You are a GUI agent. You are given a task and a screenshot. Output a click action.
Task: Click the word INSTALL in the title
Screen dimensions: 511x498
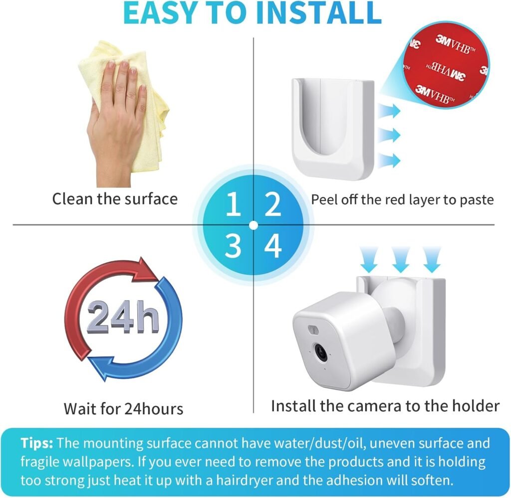[318, 12]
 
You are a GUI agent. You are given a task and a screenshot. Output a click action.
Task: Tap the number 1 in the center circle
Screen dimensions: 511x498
[234, 204]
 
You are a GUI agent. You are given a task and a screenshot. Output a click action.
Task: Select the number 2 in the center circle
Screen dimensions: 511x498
[272, 204]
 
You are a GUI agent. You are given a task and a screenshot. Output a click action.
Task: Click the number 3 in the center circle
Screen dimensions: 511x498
[233, 246]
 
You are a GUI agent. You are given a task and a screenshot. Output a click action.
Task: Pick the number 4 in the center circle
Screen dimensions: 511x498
[273, 246]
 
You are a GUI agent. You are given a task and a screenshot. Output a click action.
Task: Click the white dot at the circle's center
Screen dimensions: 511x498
[253, 225]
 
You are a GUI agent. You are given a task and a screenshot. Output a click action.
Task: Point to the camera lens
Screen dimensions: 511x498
[321, 352]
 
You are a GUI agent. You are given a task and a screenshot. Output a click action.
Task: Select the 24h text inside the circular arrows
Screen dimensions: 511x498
[123, 318]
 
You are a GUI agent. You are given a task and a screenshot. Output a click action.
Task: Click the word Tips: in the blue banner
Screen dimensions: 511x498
[36, 443]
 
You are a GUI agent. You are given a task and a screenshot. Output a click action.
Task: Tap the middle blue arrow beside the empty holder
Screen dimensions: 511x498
[389, 135]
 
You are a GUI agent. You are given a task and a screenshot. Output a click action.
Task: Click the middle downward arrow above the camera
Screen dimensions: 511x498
[401, 259]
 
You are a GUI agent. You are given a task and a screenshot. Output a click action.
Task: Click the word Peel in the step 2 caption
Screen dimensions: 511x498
[324, 199]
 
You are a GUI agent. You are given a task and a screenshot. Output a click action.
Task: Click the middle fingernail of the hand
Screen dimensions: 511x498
[124, 64]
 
